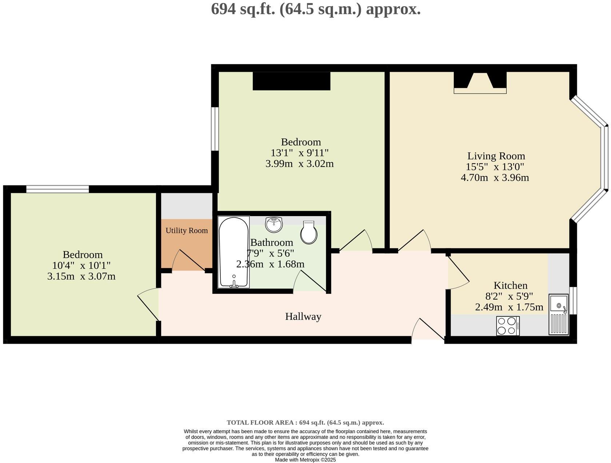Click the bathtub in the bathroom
233,252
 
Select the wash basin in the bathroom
274,224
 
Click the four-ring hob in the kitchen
508,326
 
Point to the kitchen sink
558,314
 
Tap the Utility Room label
187,231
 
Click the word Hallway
303,316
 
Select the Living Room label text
496,156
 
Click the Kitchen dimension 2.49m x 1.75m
509,307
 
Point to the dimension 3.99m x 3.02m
299,164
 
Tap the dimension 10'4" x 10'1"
81,266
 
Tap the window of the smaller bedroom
57,189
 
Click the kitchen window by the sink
573,300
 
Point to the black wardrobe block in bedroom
291,81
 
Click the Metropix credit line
305,460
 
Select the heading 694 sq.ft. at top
315,9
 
